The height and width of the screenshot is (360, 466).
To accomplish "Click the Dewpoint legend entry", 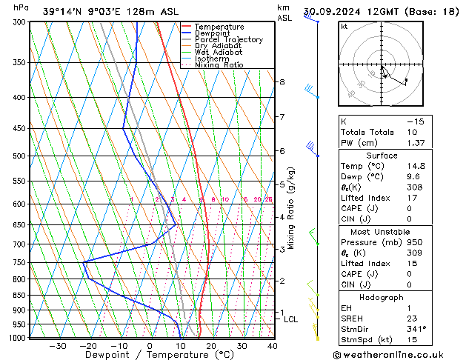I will [212, 33].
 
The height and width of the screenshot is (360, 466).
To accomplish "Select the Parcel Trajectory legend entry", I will [228, 39].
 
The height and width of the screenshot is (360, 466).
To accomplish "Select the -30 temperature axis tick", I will [57, 346].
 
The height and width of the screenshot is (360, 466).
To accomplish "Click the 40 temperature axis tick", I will [272, 346].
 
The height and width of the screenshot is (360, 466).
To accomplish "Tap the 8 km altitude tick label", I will [282, 81].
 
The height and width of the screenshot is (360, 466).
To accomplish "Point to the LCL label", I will [290, 320].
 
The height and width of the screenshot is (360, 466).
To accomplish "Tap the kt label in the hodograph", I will [344, 26].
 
